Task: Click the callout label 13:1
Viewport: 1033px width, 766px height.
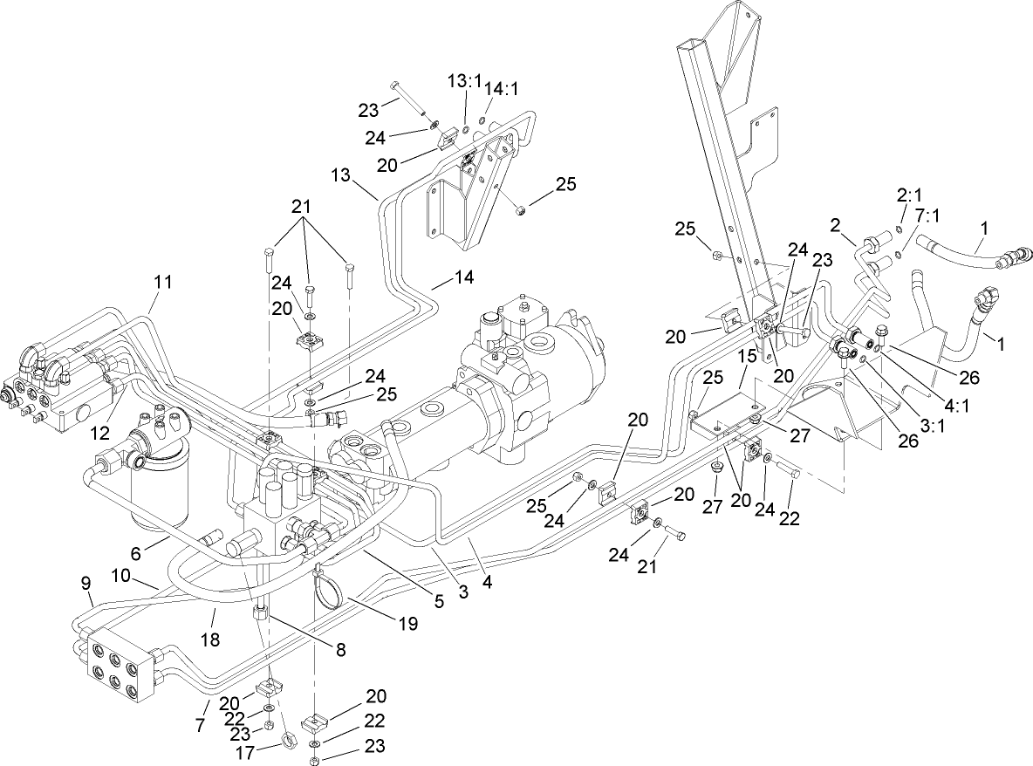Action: [x=465, y=81]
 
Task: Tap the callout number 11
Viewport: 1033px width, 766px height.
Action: [x=163, y=282]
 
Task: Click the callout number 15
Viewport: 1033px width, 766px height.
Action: [x=747, y=358]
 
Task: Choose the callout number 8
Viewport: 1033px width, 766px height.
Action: [x=340, y=649]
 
